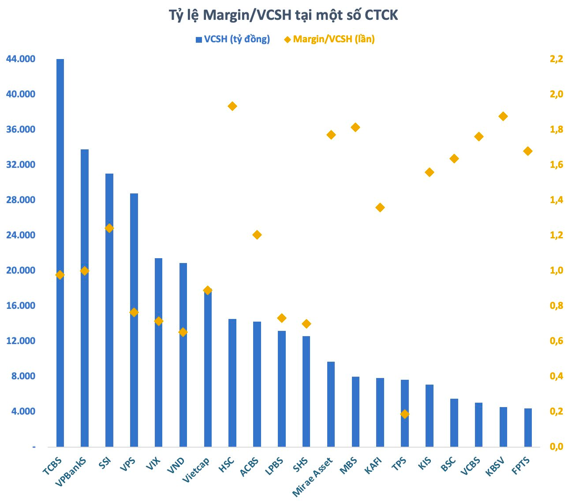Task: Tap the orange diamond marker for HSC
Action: coord(232,106)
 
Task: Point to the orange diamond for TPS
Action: coord(405,414)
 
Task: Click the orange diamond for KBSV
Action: coord(503,116)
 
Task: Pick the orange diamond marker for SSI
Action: coord(109,228)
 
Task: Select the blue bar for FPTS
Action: coord(528,428)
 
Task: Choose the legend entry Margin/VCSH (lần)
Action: coord(333,39)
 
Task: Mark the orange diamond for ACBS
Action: coord(257,235)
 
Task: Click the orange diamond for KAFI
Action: coord(380,208)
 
